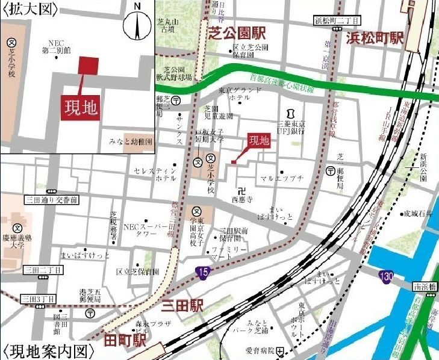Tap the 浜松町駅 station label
(x=374, y=38)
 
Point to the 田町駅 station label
(x=126, y=341)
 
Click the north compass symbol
(x=138, y=24)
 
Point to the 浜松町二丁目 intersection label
(x=335, y=20)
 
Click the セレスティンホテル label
(x=157, y=175)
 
